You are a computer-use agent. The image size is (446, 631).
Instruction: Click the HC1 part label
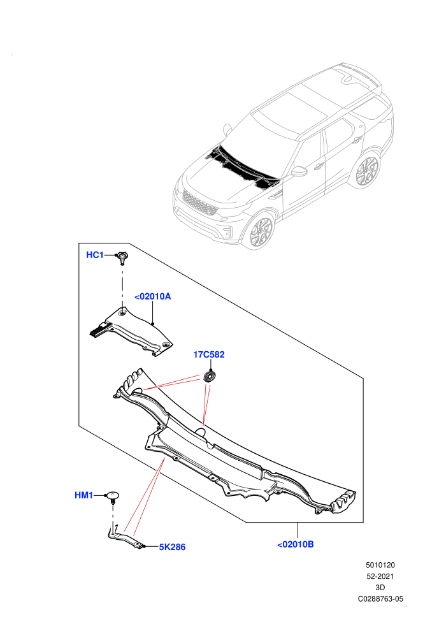pyautogui.click(x=95, y=255)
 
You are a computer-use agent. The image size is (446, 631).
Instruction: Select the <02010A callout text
pyautogui.click(x=152, y=296)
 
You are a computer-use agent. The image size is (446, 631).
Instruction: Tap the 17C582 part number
pyautogui.click(x=209, y=354)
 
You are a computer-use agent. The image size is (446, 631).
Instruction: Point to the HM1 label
pyautogui.click(x=83, y=495)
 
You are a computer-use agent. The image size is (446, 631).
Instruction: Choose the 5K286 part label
pyautogui.click(x=172, y=547)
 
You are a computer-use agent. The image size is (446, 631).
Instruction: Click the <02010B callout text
pyautogui.click(x=296, y=544)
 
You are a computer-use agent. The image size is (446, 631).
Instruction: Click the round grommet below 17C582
pyautogui.click(x=210, y=377)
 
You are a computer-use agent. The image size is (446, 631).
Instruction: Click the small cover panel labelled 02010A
pyautogui.click(x=131, y=331)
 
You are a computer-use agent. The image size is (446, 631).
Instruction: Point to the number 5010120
pyautogui.click(x=380, y=565)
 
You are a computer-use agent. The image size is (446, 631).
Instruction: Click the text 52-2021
pyautogui.click(x=380, y=576)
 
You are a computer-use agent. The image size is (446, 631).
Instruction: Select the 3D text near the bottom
pyautogui.click(x=380, y=588)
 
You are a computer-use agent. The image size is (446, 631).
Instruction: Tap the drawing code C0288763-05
pyautogui.click(x=380, y=598)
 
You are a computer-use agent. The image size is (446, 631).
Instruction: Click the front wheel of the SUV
pyautogui.click(x=261, y=232)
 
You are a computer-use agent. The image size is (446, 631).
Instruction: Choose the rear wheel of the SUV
pyautogui.click(x=366, y=170)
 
